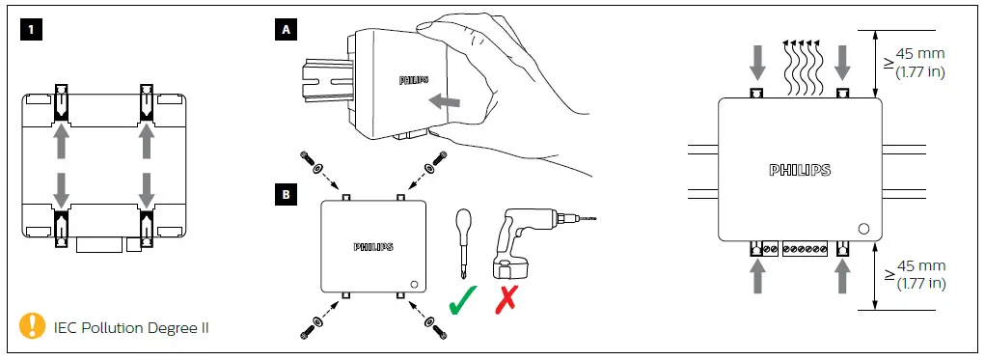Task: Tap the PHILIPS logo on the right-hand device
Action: [x=799, y=170]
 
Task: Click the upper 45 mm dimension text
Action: [x=917, y=60]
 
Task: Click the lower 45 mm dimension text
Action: [x=917, y=274]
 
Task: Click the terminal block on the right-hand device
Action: [x=803, y=249]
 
